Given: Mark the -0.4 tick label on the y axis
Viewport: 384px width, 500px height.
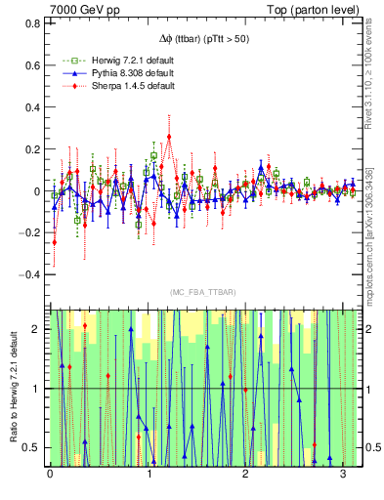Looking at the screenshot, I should point(29,275).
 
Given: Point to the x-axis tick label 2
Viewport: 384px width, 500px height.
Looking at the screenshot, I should point(245,476).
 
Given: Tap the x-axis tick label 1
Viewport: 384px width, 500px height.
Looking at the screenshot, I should point(148,476).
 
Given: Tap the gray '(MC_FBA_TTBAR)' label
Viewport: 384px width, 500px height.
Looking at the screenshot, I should point(202,292).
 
